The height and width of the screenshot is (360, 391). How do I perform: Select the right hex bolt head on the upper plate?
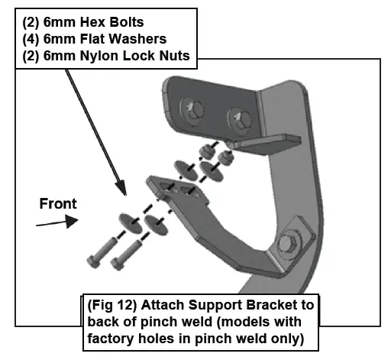[234, 117]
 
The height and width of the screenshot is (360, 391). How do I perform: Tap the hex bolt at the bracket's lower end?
[292, 243]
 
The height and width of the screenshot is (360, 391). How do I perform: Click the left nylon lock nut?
[206, 148]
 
